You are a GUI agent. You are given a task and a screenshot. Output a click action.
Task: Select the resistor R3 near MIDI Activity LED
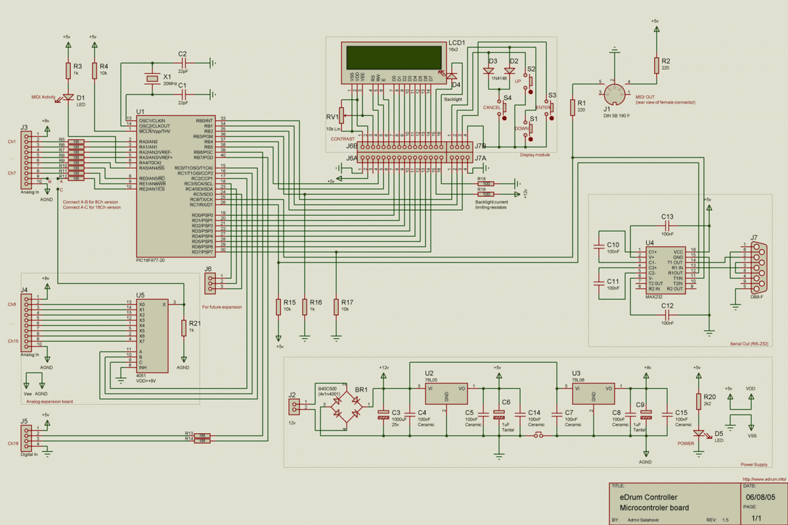pyautogui.click(x=67, y=71)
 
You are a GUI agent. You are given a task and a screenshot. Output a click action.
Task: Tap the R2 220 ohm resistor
pyautogui.click(x=655, y=64)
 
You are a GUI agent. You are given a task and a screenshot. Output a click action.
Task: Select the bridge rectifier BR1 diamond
pyautogui.click(x=346, y=406)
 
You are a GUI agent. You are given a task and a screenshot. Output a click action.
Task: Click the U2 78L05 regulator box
pyautogui.click(x=446, y=394)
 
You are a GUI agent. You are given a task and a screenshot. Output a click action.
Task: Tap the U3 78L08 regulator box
pyautogui.click(x=594, y=394)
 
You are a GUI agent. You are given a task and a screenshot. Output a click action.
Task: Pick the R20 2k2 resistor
pyautogui.click(x=697, y=402)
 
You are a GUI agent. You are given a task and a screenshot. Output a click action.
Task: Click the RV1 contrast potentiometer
pyautogui.click(x=341, y=115)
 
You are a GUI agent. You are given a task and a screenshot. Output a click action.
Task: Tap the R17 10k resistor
pyautogui.click(x=336, y=306)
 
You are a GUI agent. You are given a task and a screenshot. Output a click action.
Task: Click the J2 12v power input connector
pyautogui.click(x=292, y=407)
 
